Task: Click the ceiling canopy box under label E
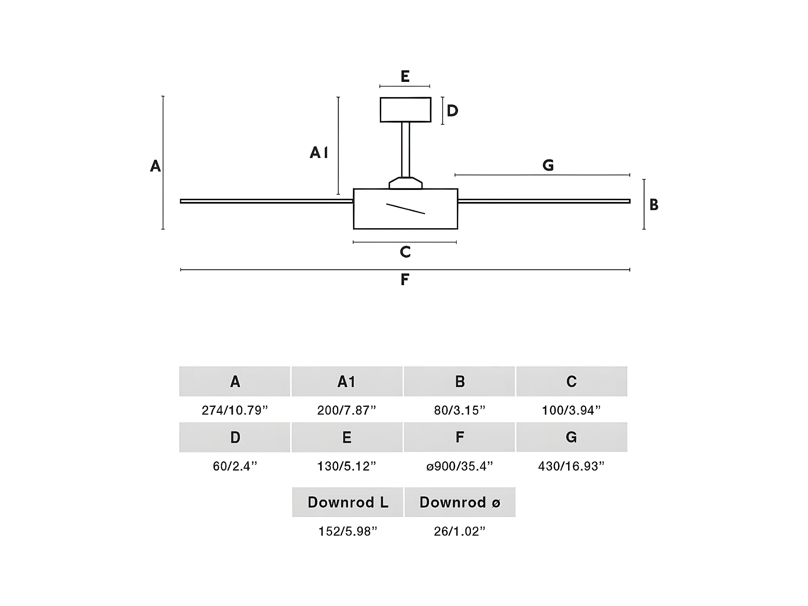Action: click(405, 110)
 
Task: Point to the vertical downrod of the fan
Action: click(405, 149)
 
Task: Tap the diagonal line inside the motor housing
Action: click(405, 209)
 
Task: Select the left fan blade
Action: click(266, 201)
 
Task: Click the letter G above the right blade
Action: click(548, 165)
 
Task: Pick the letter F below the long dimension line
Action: click(405, 279)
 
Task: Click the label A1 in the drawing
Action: click(319, 152)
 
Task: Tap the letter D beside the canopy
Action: click(452, 111)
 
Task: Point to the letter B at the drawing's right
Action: click(654, 205)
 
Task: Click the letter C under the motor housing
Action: click(405, 252)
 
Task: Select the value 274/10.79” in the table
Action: click(235, 410)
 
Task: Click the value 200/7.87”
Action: click(346, 410)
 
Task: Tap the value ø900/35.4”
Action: click(459, 466)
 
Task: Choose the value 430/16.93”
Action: click(571, 466)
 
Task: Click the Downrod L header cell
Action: click(348, 502)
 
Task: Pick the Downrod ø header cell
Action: click(460, 502)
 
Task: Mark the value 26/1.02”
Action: click(459, 531)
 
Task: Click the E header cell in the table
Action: click(347, 437)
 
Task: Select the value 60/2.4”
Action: click(235, 466)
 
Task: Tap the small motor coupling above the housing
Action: click(405, 183)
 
